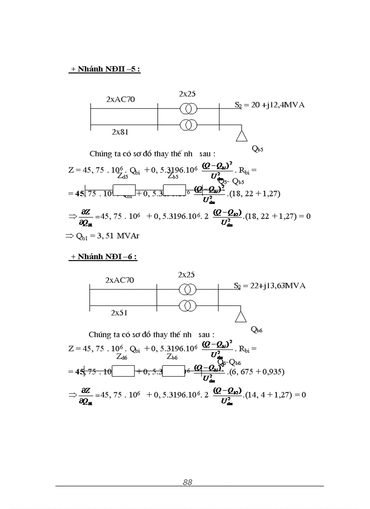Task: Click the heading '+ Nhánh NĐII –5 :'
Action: click(x=105, y=70)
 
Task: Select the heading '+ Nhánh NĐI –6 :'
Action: click(x=103, y=257)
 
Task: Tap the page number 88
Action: click(x=187, y=482)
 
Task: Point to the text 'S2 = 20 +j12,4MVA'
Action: click(x=269, y=105)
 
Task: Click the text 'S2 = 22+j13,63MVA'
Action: click(x=269, y=286)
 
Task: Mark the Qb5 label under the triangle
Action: click(x=257, y=148)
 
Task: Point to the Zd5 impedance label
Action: click(x=122, y=176)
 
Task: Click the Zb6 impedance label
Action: click(x=172, y=357)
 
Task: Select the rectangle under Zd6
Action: click(x=123, y=371)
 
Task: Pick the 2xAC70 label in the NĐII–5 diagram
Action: click(x=121, y=99)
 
